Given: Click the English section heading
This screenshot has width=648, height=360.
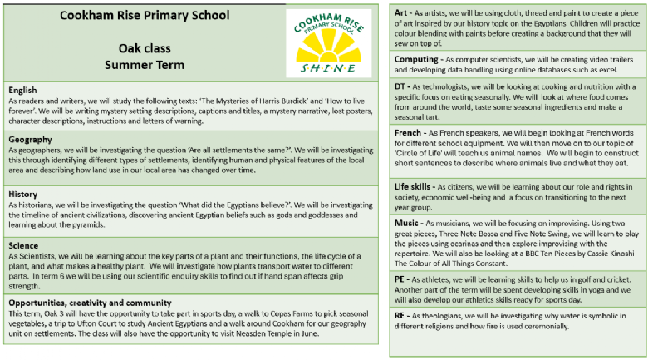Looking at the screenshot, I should [23, 89].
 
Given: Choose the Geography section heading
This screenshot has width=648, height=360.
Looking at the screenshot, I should [31, 140].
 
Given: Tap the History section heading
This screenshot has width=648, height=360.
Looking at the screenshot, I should [24, 194].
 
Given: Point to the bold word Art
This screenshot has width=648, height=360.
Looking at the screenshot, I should [401, 13].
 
